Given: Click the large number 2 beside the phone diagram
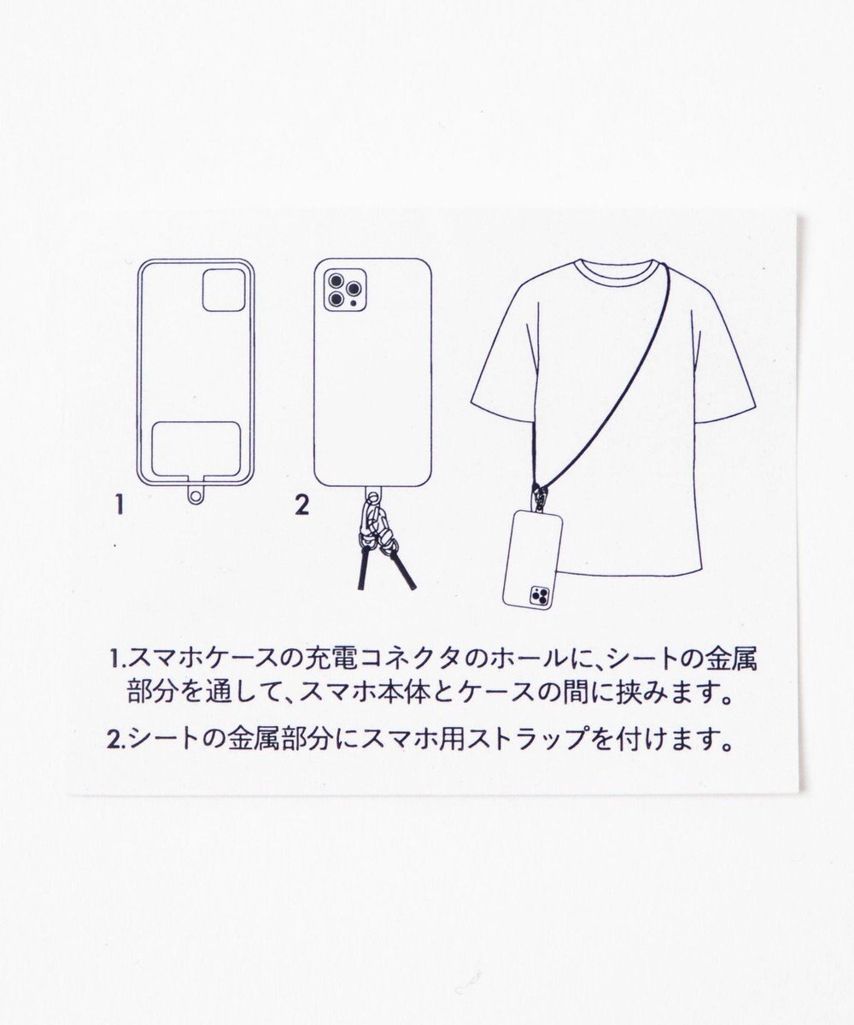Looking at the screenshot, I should (301, 506).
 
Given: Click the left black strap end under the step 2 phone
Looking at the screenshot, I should (363, 570).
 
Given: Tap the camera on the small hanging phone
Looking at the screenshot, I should (541, 595).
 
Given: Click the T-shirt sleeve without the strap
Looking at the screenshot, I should (495, 376).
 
